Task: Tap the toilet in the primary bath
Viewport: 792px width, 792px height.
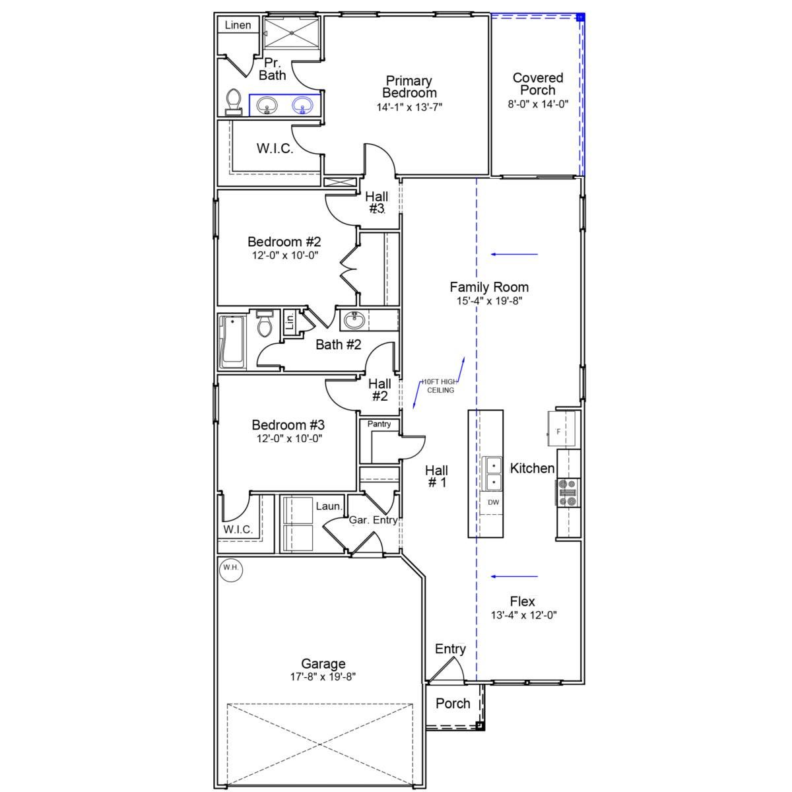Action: [x=233, y=102]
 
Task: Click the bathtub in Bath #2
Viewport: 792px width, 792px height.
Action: [x=232, y=342]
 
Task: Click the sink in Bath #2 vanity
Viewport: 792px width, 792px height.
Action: [x=354, y=320]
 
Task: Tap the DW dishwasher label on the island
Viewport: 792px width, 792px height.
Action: [x=493, y=502]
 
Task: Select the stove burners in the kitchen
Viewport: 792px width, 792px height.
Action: [x=568, y=492]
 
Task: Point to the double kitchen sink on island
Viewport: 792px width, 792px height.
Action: [x=492, y=473]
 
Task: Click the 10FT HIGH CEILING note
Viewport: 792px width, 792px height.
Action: [x=440, y=386]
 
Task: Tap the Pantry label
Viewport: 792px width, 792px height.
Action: [x=379, y=424]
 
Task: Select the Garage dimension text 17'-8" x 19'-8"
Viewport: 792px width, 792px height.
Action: [x=323, y=676]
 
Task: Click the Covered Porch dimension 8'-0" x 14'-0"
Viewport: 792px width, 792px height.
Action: [x=538, y=104]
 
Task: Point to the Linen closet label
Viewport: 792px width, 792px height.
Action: [x=238, y=25]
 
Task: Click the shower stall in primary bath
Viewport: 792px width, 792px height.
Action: [x=291, y=33]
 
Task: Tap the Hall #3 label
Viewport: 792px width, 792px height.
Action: [x=376, y=203]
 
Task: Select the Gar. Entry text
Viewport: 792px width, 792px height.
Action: [x=373, y=520]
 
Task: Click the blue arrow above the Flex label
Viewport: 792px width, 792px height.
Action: [x=514, y=576]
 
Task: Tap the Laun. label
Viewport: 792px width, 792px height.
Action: [x=329, y=506]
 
